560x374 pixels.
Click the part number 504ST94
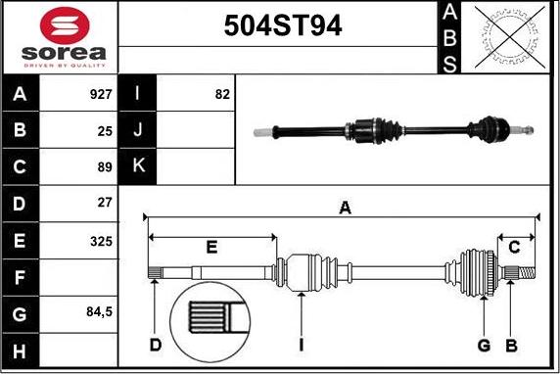278,26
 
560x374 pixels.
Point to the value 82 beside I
221,96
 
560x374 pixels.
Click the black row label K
138,166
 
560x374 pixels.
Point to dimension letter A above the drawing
344,207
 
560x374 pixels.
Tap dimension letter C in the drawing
513,246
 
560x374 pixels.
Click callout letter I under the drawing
302,345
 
